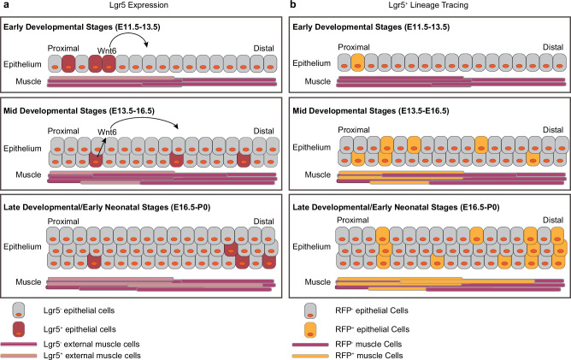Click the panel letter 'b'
click(x=293, y=5)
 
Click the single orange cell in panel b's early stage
click(x=359, y=62)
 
